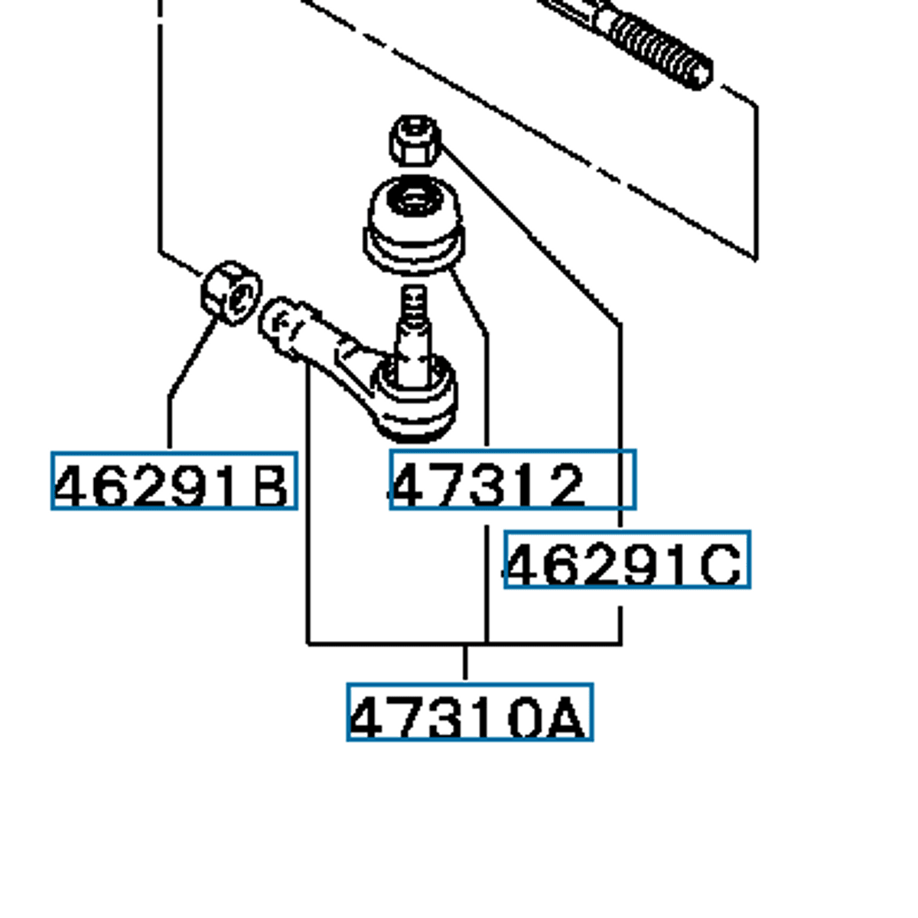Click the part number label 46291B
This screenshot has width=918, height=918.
coord(174,481)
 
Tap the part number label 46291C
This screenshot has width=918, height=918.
coord(627,560)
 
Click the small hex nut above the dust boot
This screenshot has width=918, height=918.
coord(415,140)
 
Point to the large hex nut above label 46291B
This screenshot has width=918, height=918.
coord(230,292)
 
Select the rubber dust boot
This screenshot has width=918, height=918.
coord(414,222)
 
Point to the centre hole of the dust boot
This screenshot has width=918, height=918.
coord(413,201)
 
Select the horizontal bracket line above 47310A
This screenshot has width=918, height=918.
coord(464,644)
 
